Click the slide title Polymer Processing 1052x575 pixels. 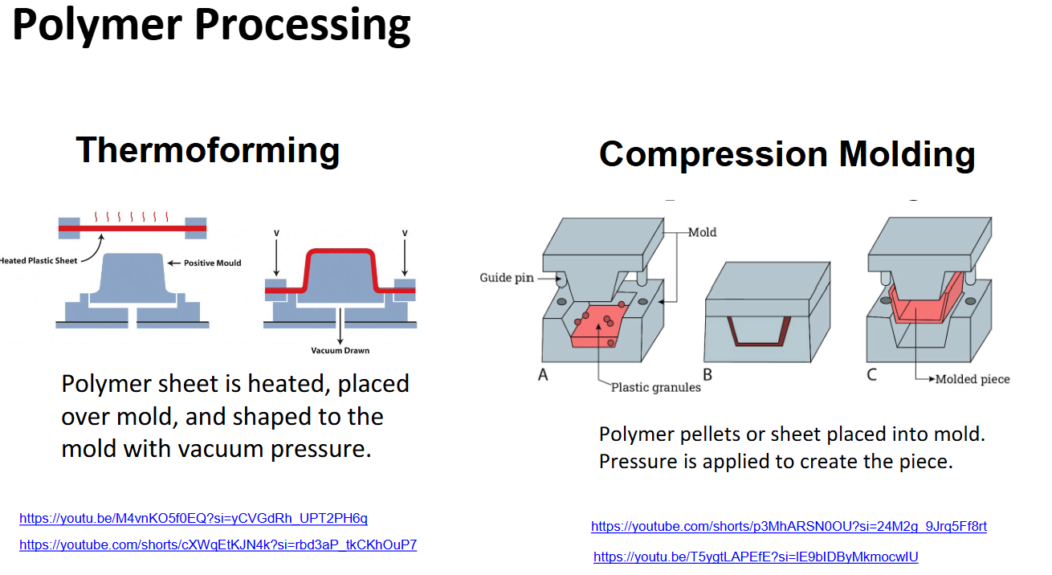(x=211, y=26)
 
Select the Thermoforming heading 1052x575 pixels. (x=208, y=150)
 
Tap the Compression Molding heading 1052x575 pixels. (x=787, y=154)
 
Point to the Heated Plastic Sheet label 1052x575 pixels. (x=38, y=260)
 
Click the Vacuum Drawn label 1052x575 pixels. (x=340, y=350)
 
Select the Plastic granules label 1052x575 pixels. (x=656, y=387)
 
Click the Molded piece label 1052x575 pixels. (x=972, y=378)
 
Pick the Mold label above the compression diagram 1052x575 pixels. (x=703, y=232)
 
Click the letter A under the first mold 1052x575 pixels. (x=543, y=374)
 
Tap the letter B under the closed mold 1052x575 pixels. (x=707, y=374)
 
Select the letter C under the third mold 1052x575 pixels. (x=872, y=374)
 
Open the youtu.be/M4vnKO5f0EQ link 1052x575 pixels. (x=194, y=519)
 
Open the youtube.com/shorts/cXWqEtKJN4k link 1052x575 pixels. (x=218, y=544)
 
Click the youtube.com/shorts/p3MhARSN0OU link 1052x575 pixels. (x=789, y=527)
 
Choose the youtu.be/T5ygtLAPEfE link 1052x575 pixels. (x=756, y=557)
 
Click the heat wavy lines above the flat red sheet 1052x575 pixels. (x=131, y=217)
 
